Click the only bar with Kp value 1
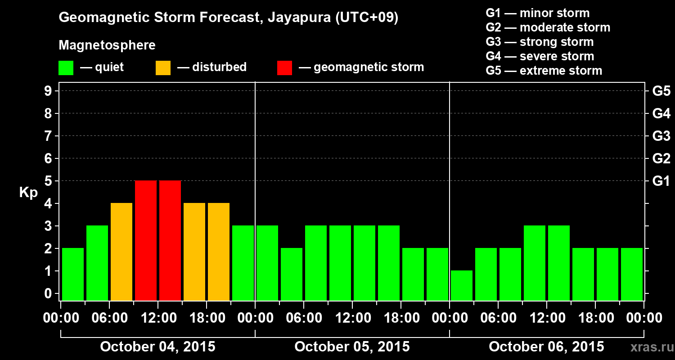462,285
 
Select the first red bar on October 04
146,240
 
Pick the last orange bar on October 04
219,252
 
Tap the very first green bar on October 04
73,274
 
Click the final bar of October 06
632,274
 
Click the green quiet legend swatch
66,68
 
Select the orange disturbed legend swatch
163,68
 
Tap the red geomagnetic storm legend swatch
284,68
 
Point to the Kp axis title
28,193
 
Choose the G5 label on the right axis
661,91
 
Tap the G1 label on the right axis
661,181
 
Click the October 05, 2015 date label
352,347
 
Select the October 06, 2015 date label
546,347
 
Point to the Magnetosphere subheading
107,45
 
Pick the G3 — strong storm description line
540,42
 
